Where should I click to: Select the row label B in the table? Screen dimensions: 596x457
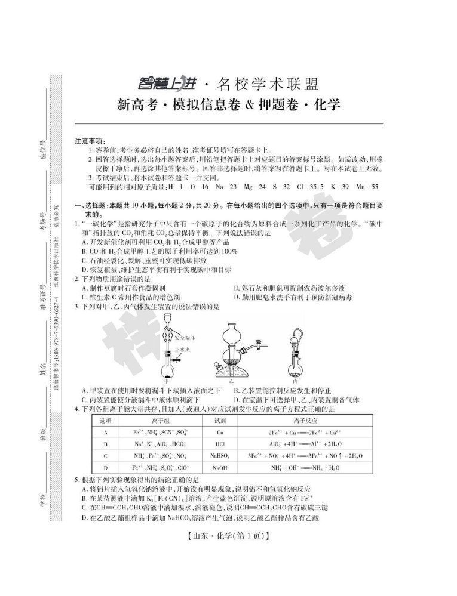click(x=105, y=444)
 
